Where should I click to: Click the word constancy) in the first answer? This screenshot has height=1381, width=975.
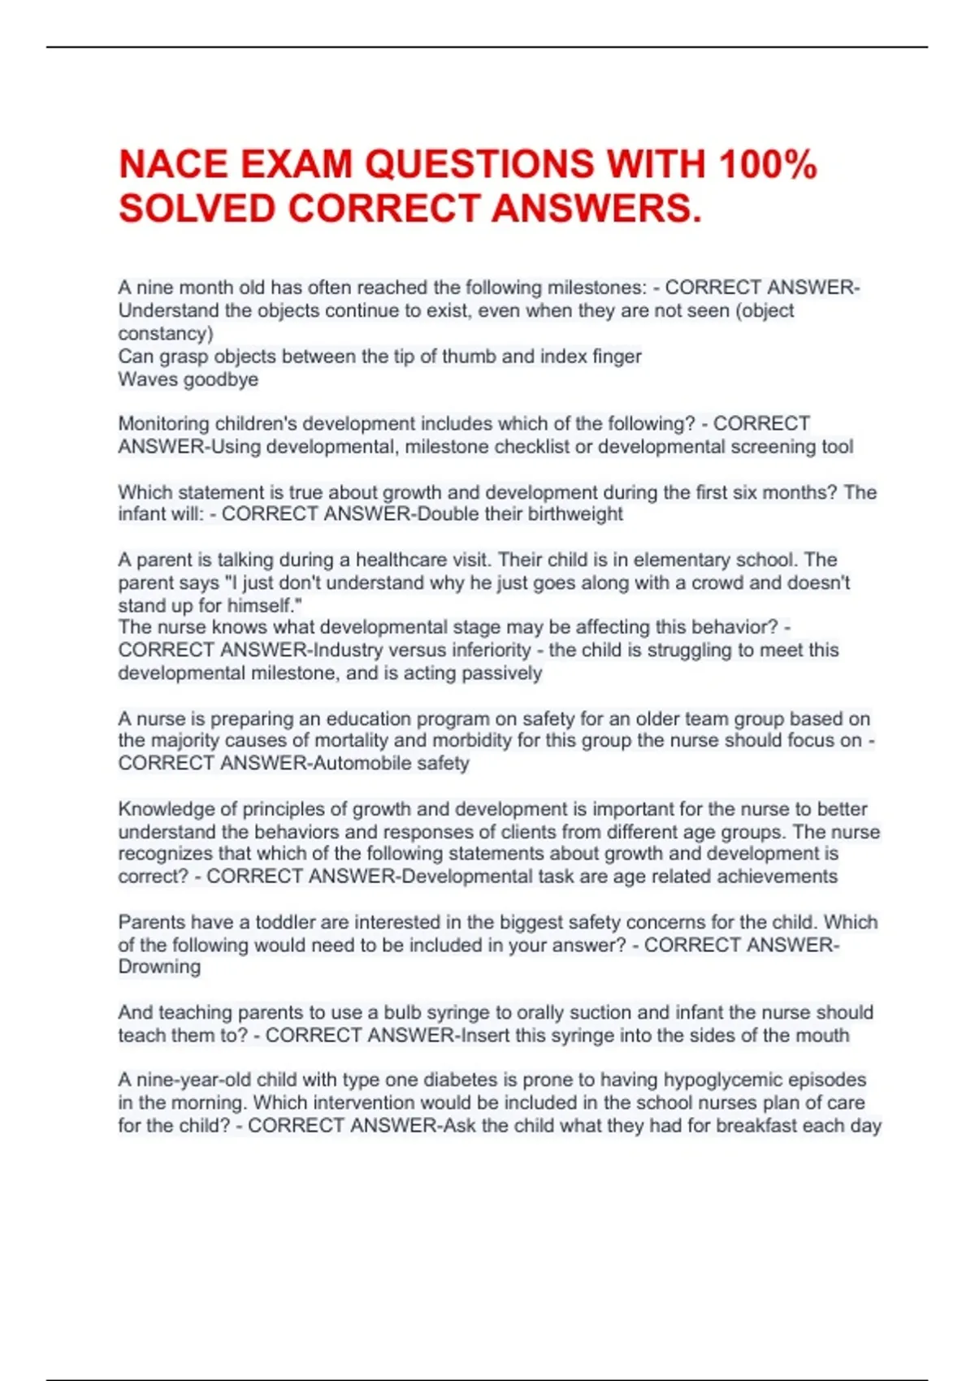point(166,333)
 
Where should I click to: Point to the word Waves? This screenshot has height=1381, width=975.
point(141,379)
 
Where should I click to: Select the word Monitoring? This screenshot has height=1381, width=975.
point(163,424)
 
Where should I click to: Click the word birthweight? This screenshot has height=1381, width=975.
point(575,514)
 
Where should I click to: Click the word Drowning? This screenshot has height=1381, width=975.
point(159,967)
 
